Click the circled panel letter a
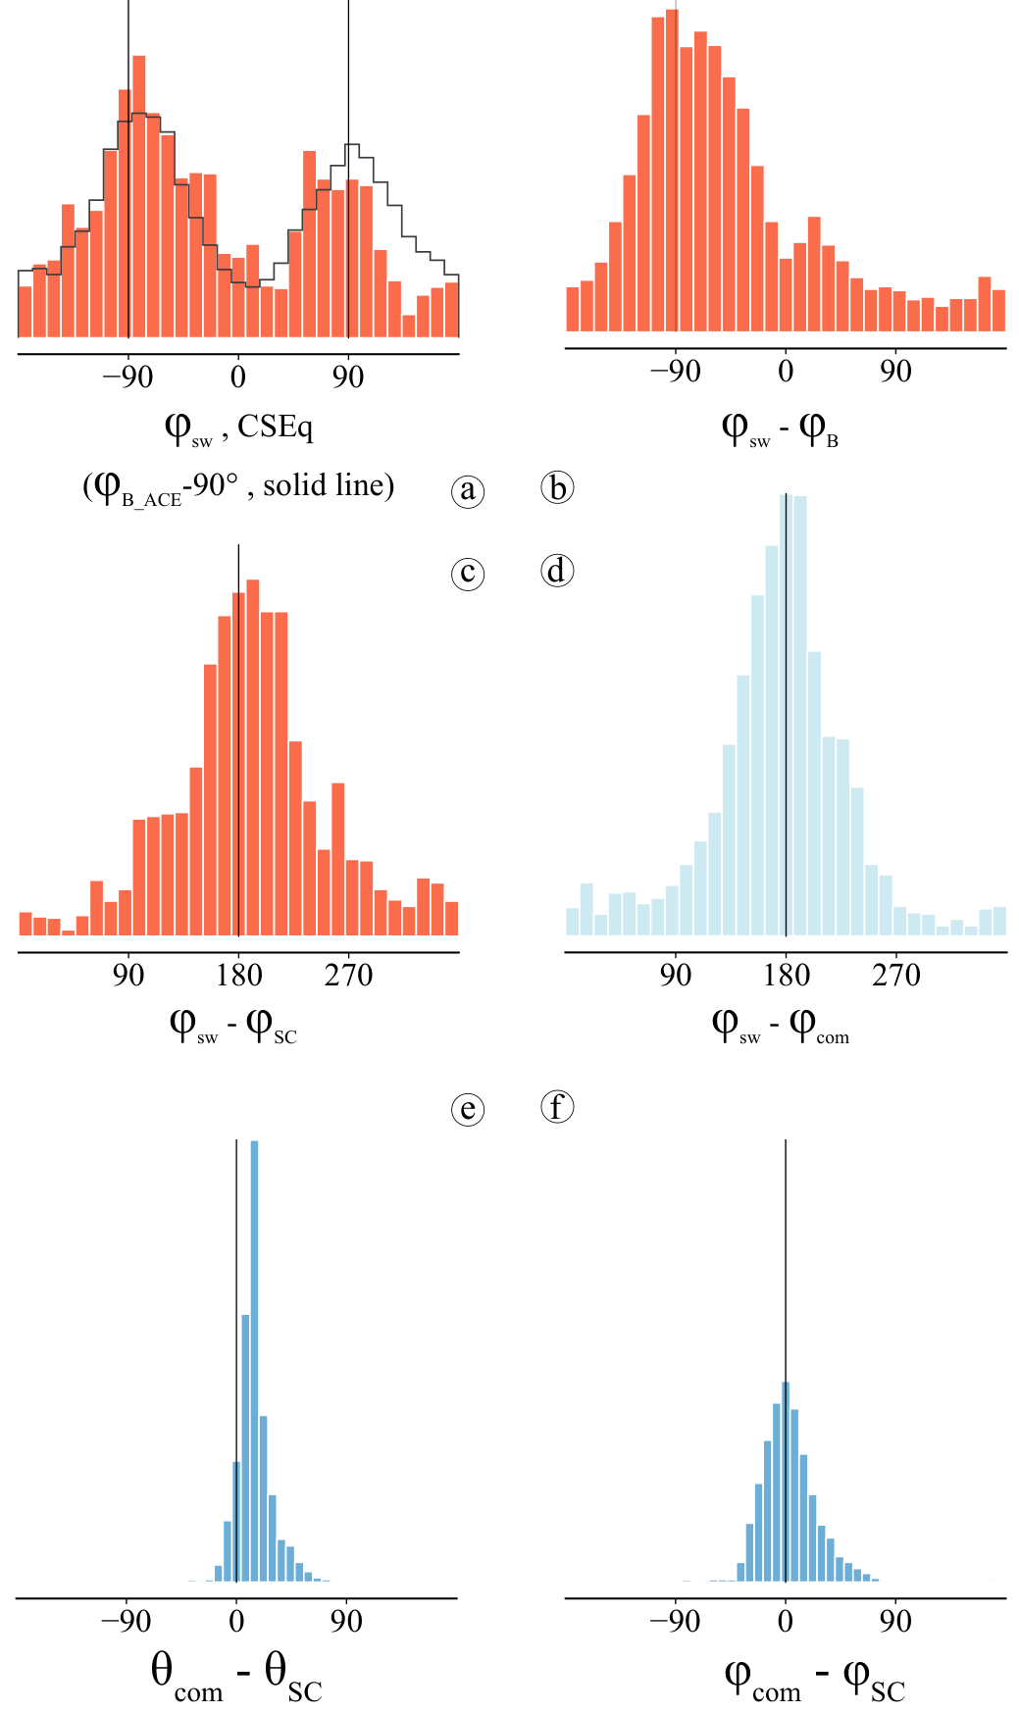(468, 489)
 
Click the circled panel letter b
(557, 487)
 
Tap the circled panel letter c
(468, 573)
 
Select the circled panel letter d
(557, 571)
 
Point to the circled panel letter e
(468, 1109)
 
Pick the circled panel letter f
(557, 1107)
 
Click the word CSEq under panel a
(276, 428)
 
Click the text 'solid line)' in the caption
(329, 484)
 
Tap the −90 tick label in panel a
(127, 377)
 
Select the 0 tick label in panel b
(786, 371)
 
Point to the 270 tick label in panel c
(348, 975)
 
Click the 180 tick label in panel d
(786, 975)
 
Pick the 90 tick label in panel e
(346, 1621)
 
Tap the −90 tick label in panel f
(675, 1621)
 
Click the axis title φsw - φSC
(232, 1026)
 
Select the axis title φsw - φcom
(781, 1026)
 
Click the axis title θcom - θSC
(236, 1676)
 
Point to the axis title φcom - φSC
(814, 1678)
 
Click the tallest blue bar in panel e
(255, 1361)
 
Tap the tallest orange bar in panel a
(139, 196)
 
